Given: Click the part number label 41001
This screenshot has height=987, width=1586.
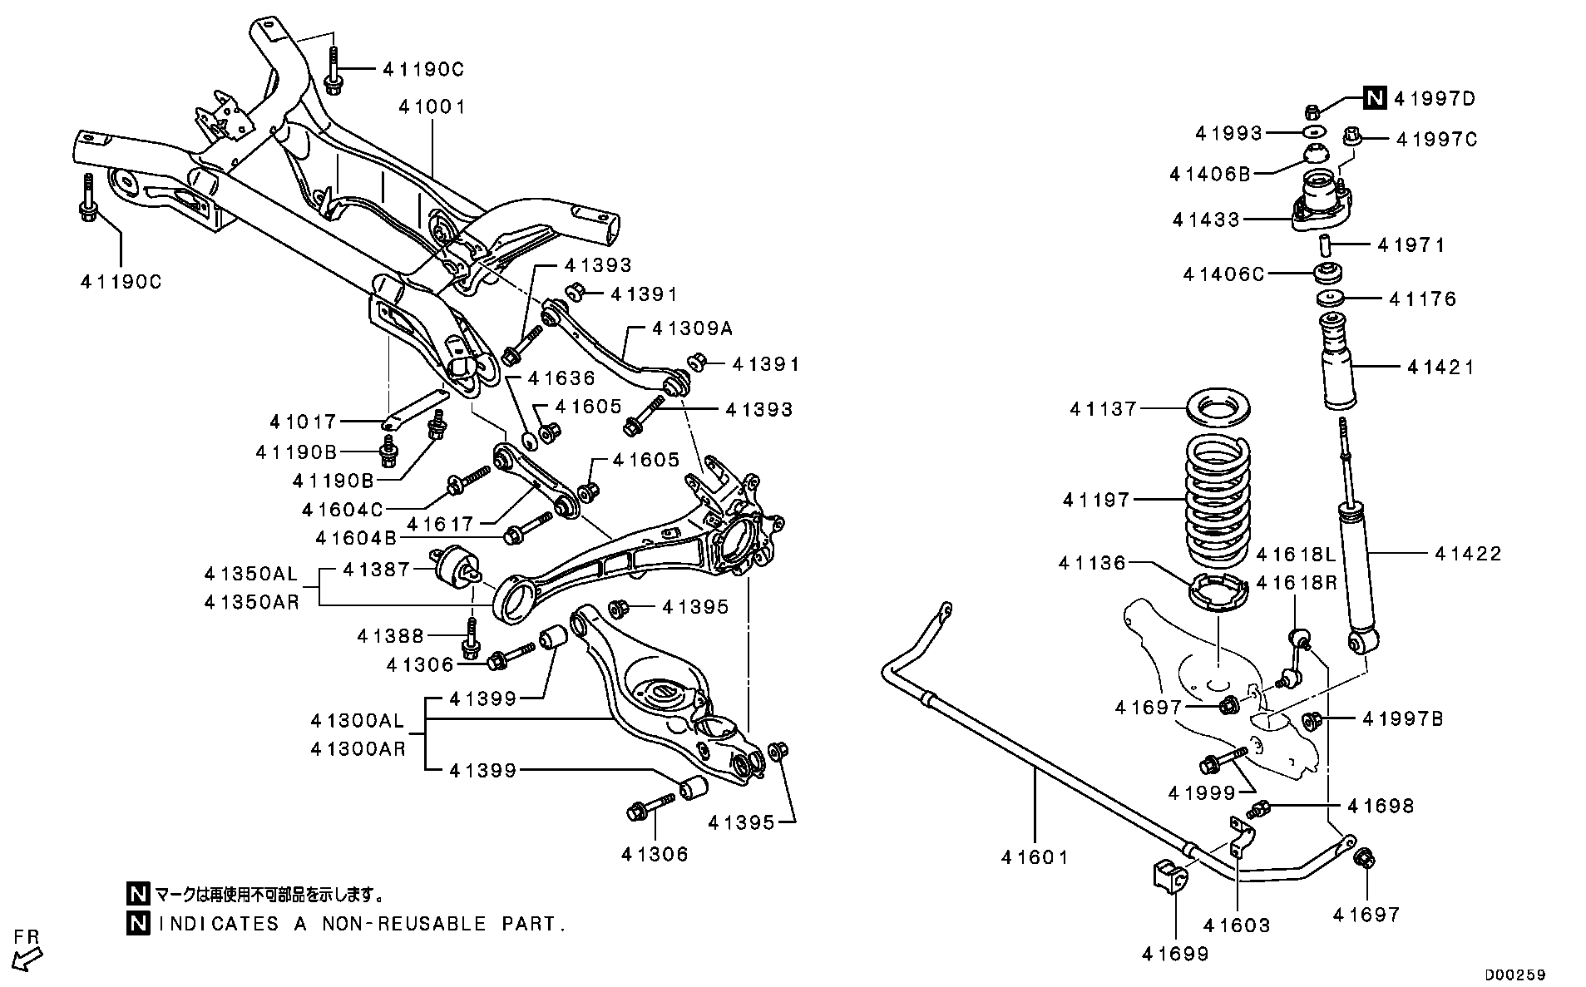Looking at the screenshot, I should pyautogui.click(x=432, y=106).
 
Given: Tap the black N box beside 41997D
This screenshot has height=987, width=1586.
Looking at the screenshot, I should pyautogui.click(x=1375, y=98).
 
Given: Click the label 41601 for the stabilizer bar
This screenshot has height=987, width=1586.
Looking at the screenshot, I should pyautogui.click(x=1034, y=856).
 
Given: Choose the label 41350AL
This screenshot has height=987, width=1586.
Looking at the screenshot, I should pyautogui.click(x=250, y=574).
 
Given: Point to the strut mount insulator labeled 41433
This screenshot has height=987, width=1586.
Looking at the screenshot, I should pyautogui.click(x=1322, y=203).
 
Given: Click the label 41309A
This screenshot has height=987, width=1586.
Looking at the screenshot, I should pyautogui.click(x=692, y=328).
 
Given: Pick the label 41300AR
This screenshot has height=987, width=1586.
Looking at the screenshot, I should pyautogui.click(x=358, y=748).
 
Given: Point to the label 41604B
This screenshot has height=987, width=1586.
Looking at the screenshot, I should pyautogui.click(x=356, y=538).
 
